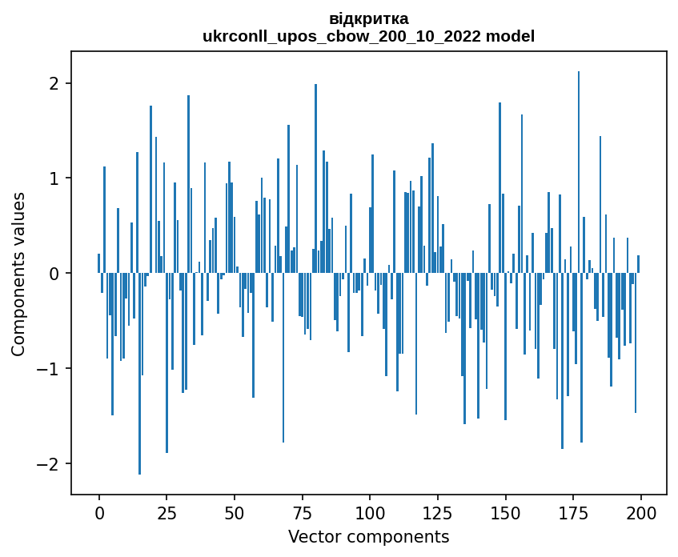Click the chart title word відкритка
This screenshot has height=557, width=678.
coord(368,18)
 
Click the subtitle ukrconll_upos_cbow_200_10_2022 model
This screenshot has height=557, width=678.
coord(368,36)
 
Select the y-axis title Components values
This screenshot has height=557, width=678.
coord(18,274)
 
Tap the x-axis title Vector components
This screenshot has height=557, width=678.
coord(368,536)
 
